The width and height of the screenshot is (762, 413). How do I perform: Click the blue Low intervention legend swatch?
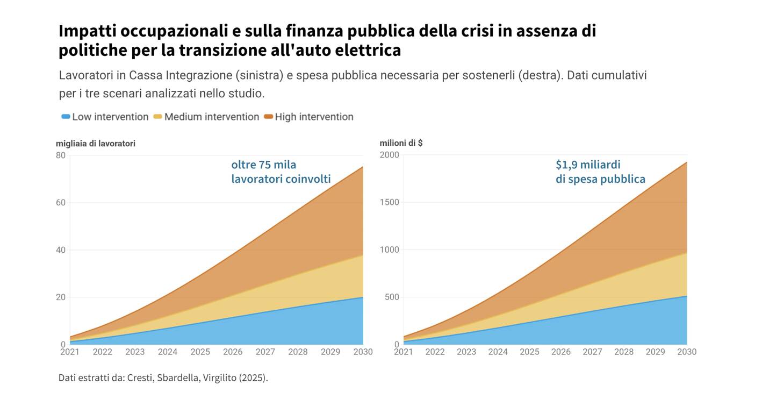(x=66, y=117)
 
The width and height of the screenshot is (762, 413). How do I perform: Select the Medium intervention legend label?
(x=211, y=117)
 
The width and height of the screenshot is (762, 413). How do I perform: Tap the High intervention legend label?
(x=314, y=117)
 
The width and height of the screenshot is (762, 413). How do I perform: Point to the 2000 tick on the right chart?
(x=389, y=155)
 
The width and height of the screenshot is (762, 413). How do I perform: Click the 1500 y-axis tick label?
(x=389, y=202)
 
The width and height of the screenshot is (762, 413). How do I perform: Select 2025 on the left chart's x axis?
(x=200, y=352)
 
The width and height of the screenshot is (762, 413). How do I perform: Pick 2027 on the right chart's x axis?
(x=592, y=352)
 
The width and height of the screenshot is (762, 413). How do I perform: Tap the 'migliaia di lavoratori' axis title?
(x=96, y=144)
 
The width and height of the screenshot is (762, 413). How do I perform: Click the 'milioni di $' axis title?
(x=401, y=143)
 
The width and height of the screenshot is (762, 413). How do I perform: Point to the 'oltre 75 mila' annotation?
(x=263, y=165)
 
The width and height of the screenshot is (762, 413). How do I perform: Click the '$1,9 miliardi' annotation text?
(x=588, y=165)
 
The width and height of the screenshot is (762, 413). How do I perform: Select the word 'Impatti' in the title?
(x=87, y=31)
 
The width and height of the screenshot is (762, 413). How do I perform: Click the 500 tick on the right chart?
(x=392, y=297)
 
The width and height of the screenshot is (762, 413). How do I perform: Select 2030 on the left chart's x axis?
(x=363, y=352)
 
